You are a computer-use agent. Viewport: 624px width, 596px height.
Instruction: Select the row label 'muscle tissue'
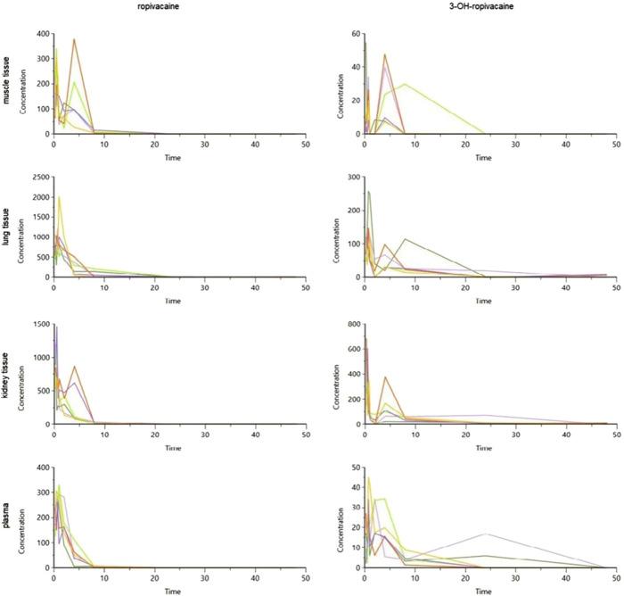click(8, 83)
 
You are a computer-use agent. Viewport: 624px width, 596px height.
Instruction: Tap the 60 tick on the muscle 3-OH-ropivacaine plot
click(352, 34)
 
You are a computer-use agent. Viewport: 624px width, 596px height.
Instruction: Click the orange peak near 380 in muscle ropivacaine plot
click(74, 39)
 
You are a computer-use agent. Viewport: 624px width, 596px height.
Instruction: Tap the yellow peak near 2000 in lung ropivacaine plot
click(60, 197)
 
